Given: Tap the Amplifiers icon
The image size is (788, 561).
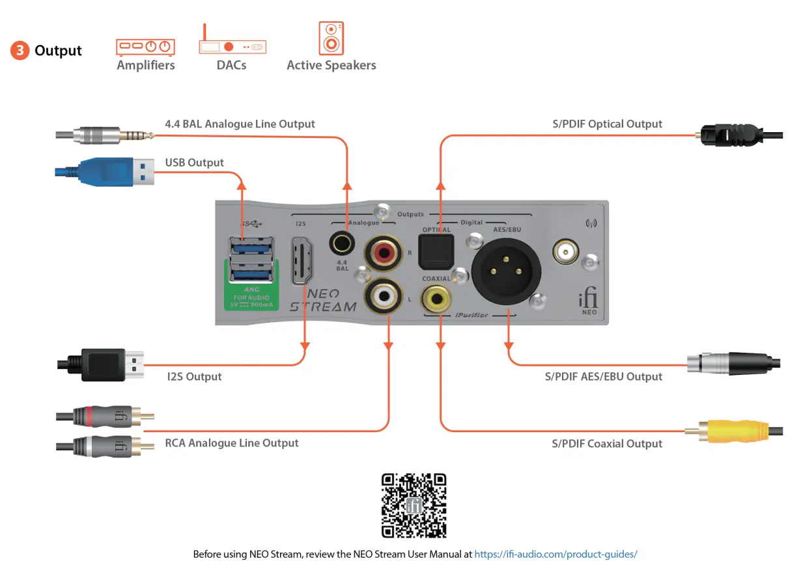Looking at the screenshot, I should (x=146, y=46).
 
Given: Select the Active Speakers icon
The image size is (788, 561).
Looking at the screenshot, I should (x=331, y=38).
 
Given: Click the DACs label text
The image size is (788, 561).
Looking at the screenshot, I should (x=231, y=65).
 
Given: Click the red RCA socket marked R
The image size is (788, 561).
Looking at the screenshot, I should (x=384, y=252).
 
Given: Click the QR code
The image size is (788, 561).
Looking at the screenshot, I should (x=414, y=506).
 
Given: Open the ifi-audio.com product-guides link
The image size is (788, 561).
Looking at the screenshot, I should (x=556, y=554).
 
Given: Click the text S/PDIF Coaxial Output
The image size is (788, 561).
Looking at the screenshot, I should (x=607, y=444).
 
